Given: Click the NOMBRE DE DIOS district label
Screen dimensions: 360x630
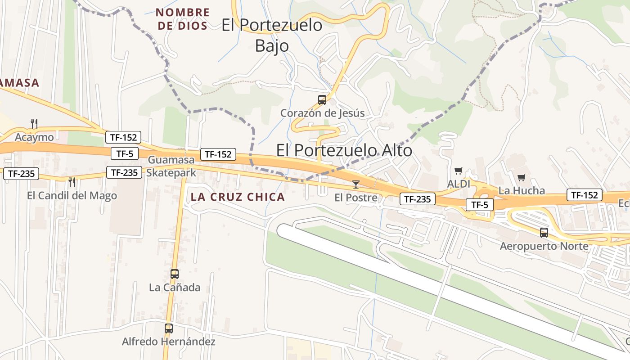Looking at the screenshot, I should (183, 19).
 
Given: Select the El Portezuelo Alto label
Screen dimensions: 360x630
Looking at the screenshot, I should (344, 150).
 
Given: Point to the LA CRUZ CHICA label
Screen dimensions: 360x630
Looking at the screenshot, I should (238, 197).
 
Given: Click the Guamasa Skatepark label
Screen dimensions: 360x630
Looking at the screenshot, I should (171, 166).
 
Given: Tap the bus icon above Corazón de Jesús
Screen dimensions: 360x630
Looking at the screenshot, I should (322, 100).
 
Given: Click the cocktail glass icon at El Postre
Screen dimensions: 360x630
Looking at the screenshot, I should (356, 184).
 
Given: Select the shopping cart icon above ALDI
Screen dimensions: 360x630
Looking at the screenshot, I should (458, 171).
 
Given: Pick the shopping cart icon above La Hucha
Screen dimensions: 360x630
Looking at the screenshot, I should (521, 177).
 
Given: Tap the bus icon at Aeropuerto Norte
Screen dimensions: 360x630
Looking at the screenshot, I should (544, 233).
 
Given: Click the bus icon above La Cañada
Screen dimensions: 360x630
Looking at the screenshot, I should (175, 274).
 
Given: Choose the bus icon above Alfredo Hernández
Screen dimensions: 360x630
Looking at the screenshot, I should (169, 328).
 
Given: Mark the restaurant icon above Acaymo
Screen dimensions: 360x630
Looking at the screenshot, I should (34, 123).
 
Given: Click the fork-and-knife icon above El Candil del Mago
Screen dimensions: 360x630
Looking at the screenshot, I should (72, 182).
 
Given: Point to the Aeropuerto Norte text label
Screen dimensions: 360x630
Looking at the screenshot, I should (544, 246).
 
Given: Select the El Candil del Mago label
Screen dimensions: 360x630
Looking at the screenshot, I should (72, 196).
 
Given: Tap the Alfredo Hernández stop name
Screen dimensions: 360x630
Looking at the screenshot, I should (169, 342).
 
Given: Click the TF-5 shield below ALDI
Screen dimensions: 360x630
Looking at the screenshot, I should (480, 205).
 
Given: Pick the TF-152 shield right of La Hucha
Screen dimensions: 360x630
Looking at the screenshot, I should (584, 195).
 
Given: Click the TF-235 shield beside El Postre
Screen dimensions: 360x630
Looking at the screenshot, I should (417, 199).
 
